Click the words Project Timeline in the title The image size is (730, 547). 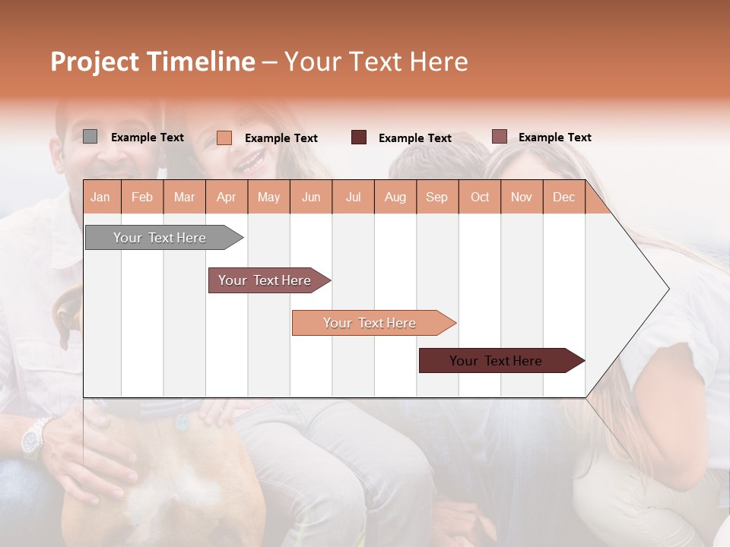(x=153, y=62)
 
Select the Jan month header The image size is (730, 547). (x=100, y=197)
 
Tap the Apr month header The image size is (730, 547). (x=226, y=197)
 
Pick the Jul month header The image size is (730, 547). (x=353, y=197)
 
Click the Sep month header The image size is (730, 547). (x=436, y=197)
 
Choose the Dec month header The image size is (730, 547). (x=563, y=197)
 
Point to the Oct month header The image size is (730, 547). (x=480, y=197)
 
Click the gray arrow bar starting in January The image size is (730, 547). (x=160, y=238)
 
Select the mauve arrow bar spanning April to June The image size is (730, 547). (x=265, y=280)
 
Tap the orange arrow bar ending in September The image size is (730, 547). (x=370, y=323)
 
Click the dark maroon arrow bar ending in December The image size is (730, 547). (x=496, y=361)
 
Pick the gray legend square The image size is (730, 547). (x=90, y=137)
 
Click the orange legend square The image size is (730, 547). (x=224, y=138)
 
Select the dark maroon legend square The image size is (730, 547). (x=359, y=138)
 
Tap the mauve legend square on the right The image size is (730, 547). (x=499, y=137)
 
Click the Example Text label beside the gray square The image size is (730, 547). (x=148, y=138)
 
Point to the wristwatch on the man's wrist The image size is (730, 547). (x=34, y=439)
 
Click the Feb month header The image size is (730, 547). (x=142, y=197)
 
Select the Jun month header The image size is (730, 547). (x=311, y=197)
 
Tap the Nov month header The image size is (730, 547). (x=522, y=197)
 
